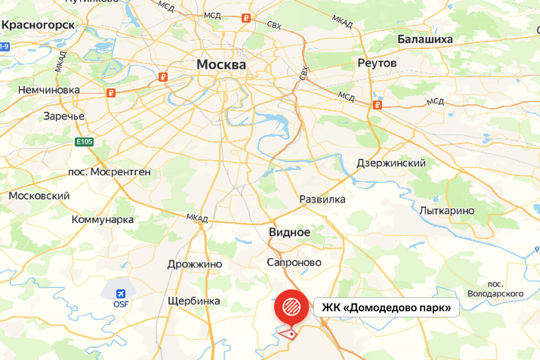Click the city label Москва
[221, 65]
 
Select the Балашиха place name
[425, 40]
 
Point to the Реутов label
[377, 63]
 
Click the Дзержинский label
[391, 163]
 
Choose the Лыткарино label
[447, 211]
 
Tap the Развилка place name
[323, 199]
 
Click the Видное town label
[289, 232]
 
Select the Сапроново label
[294, 262]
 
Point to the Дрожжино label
[194, 264]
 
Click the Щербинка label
[193, 301]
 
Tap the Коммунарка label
[103, 220]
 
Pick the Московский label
[39, 196]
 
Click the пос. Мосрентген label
[109, 172]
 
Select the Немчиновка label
[49, 90]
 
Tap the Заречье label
[64, 116]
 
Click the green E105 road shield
[84, 142]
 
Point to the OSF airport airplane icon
[121, 294]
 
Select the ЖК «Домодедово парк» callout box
[386, 308]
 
